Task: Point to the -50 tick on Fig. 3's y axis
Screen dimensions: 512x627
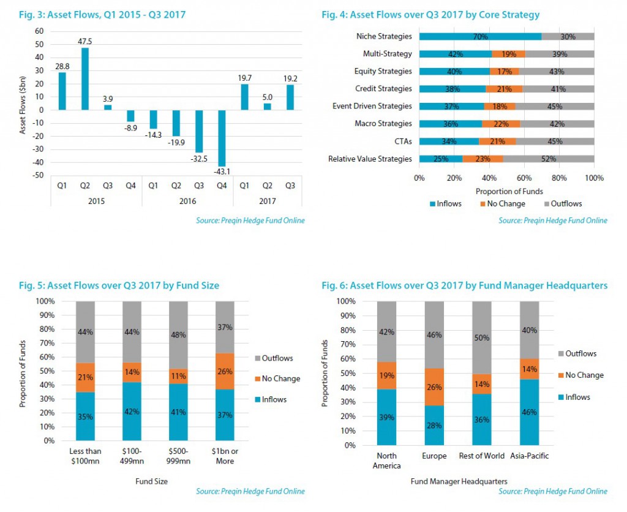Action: pyautogui.click(x=39, y=176)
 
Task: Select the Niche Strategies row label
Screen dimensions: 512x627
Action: pyautogui.click(x=384, y=37)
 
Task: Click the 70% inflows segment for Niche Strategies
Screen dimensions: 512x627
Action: pyautogui.click(x=480, y=37)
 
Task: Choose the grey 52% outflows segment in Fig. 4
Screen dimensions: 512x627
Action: pyautogui.click(x=549, y=159)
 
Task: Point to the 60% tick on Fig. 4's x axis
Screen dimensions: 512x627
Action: pyautogui.click(x=524, y=178)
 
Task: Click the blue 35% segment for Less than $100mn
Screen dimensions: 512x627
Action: pyautogui.click(x=85, y=416)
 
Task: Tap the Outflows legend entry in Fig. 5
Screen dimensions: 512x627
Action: pyautogui.click(x=276, y=358)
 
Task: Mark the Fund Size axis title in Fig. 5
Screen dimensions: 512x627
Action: pyautogui.click(x=151, y=481)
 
